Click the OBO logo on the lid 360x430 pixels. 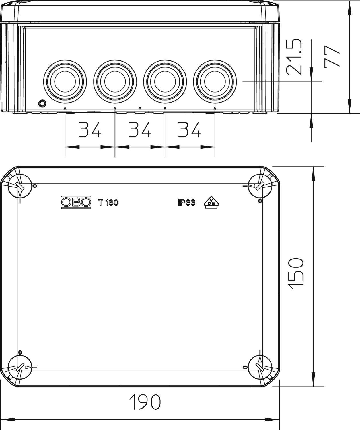tap(76, 202)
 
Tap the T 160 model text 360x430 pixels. tap(108, 203)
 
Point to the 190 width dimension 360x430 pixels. tap(145, 402)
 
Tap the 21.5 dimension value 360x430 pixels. tap(295, 57)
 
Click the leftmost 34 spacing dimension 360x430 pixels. tap(90, 130)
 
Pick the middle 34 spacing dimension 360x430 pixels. tap(140, 130)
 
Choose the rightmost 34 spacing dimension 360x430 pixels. tap(190, 130)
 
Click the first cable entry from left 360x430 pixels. tap(65, 81)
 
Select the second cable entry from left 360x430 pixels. tap(115, 81)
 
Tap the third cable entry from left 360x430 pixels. tap(165, 81)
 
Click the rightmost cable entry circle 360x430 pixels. tap(215, 81)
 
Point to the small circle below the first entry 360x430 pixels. tap(42, 103)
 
